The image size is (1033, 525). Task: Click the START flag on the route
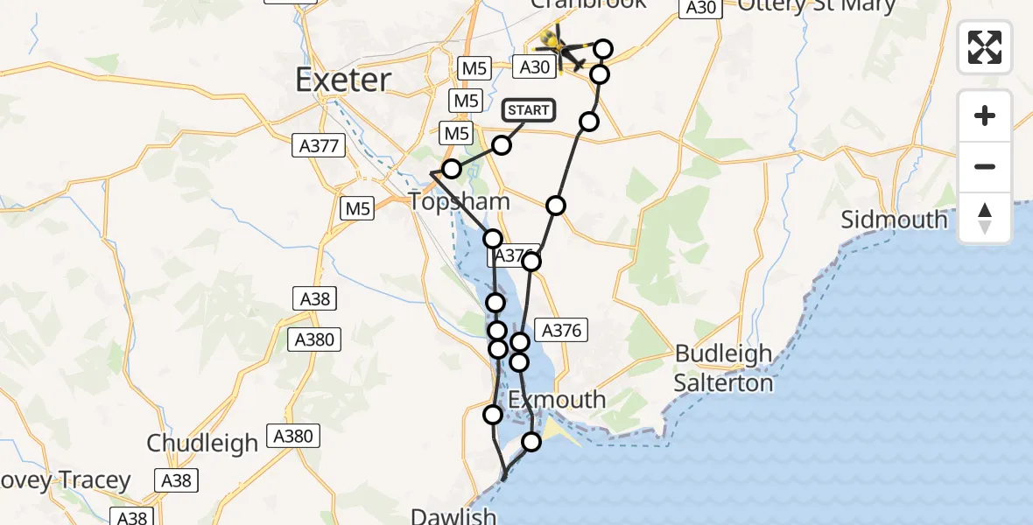tap(529, 110)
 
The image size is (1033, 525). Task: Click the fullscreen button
tap(985, 46)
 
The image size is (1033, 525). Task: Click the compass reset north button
tap(985, 218)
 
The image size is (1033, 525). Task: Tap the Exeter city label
tap(342, 80)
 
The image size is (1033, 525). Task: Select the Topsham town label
tap(460, 201)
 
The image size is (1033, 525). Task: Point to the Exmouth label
tap(557, 400)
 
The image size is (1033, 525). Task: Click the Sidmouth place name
tap(894, 219)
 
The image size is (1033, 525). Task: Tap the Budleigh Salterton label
tap(723, 368)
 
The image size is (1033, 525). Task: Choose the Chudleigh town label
tap(202, 443)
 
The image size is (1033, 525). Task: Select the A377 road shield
tap(319, 146)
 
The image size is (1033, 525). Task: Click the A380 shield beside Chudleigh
tap(294, 436)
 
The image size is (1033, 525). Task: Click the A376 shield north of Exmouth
tap(561, 330)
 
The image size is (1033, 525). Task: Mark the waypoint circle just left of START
tap(501, 145)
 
